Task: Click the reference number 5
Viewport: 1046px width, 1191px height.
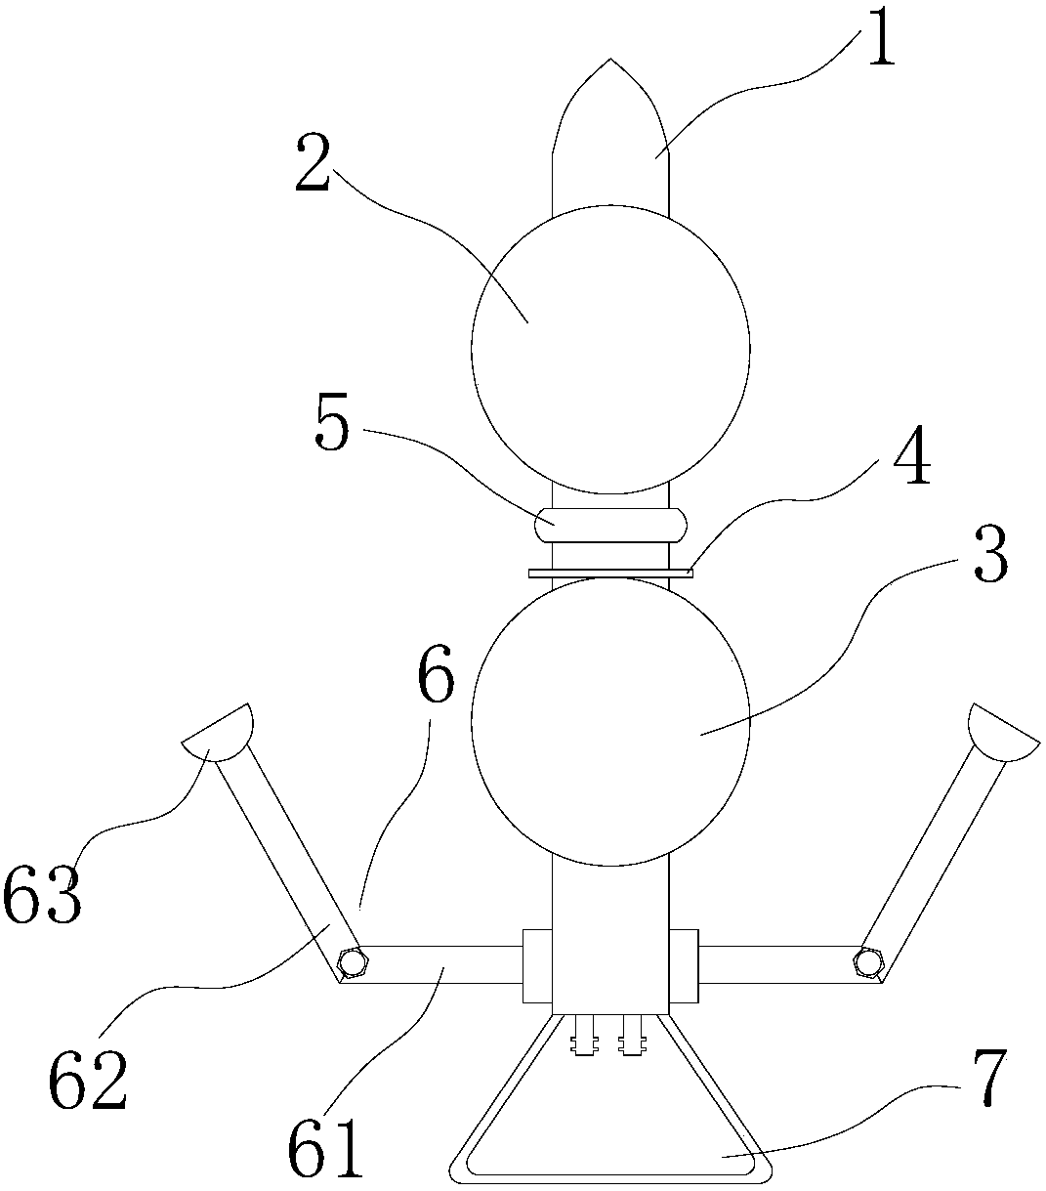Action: click(333, 428)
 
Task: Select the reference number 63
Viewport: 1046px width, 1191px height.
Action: click(43, 896)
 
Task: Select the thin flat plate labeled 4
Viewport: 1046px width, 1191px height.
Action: click(610, 573)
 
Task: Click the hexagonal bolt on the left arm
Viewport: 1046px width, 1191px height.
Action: click(352, 961)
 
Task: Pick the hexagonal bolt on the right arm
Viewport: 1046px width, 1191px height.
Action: click(866, 961)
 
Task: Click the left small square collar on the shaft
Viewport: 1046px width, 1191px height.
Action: click(537, 965)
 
